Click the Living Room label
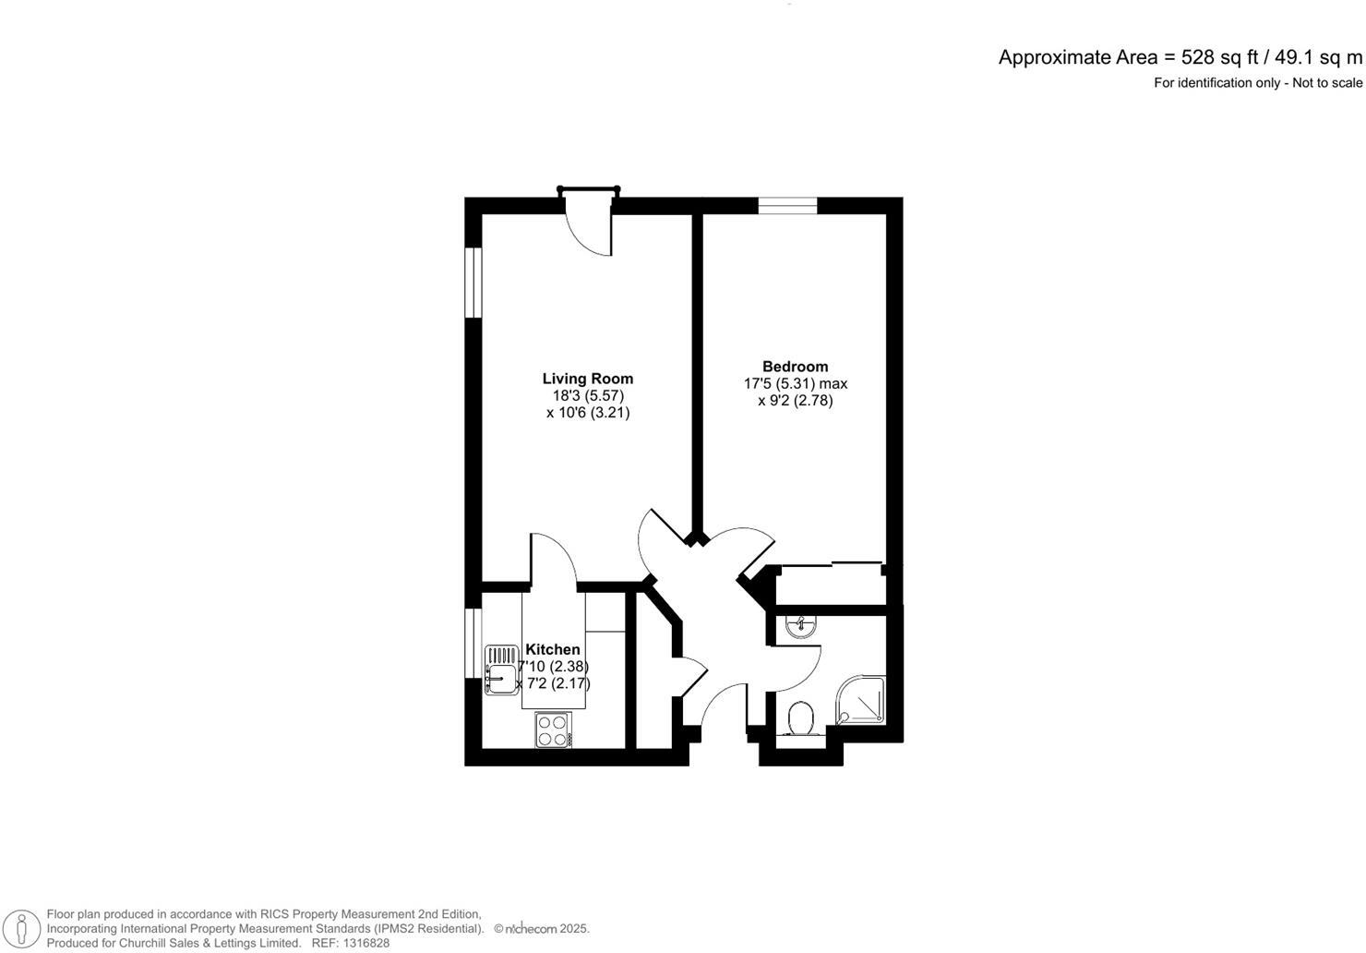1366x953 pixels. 587,379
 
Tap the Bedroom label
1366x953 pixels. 795,367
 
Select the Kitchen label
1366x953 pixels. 553,650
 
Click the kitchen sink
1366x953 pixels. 502,669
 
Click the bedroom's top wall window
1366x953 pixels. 787,206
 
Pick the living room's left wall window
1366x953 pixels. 473,283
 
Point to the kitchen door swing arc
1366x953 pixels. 554,557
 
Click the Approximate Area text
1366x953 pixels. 1077,57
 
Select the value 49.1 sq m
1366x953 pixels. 1318,57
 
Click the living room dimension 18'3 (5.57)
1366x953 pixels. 588,395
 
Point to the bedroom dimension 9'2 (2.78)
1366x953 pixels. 795,401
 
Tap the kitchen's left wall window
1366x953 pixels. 473,645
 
